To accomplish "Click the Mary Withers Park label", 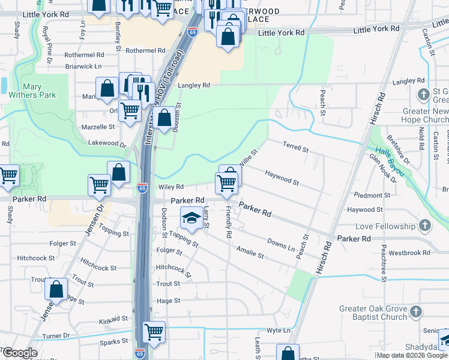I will click(x=31, y=91).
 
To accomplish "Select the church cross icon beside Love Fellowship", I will click(x=425, y=226).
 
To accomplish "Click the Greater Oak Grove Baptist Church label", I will click(x=373, y=313).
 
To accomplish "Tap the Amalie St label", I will click(x=250, y=251).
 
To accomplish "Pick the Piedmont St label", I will click(x=372, y=195).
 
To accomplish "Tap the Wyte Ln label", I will click(x=279, y=331).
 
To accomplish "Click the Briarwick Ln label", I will click(x=83, y=66).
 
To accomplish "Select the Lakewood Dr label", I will click(x=107, y=144).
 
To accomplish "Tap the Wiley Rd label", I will click(x=170, y=187).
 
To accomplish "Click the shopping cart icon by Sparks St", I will click(x=154, y=331).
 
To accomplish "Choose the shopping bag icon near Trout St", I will click(x=56, y=289).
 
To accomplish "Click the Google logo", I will click(x=20, y=353).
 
